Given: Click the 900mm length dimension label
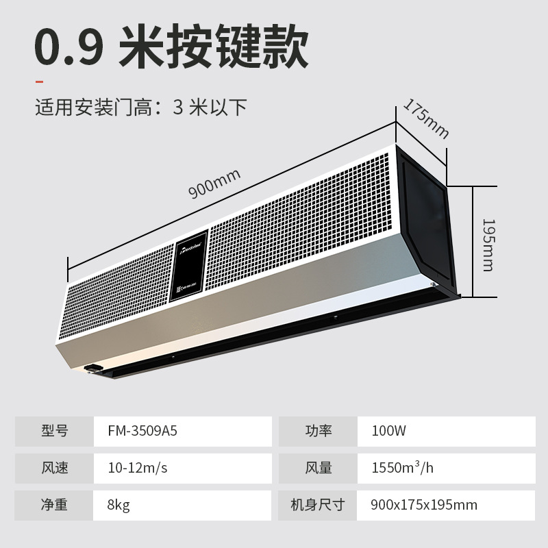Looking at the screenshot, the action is click(x=214, y=184).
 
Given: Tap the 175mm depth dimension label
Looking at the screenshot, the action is click(x=425, y=119).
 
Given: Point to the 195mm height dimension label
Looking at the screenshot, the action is click(x=488, y=245).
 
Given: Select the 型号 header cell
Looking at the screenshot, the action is click(x=54, y=431).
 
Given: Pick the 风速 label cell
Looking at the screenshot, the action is click(x=54, y=468).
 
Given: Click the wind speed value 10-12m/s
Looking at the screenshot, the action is click(x=137, y=468).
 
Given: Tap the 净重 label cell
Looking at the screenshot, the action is click(x=54, y=505).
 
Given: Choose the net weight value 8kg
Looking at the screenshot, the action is click(x=119, y=505).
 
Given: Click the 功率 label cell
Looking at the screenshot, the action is click(x=318, y=431).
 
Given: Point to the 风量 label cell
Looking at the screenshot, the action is click(x=318, y=468).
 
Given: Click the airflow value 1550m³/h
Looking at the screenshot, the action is click(x=402, y=468).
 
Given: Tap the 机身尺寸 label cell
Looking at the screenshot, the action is click(x=318, y=505).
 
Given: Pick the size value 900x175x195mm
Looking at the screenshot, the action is click(x=423, y=505).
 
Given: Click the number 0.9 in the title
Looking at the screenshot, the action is click(x=69, y=47).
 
